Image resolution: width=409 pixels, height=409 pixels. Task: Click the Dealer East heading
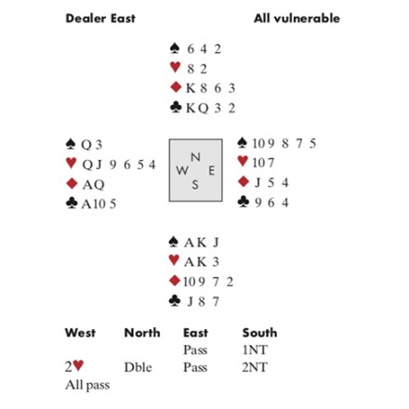[x=100, y=19]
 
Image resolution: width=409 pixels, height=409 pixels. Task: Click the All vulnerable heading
[x=297, y=19]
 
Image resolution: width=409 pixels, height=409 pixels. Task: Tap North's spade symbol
[x=175, y=48]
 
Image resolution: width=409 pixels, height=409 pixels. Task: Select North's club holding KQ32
[x=211, y=108]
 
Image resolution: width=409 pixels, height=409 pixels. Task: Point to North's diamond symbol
[x=176, y=87]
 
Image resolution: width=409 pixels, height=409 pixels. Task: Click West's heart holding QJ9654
[x=119, y=165]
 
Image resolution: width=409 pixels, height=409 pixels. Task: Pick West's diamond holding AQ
[x=94, y=185]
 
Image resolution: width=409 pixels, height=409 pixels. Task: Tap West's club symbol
[x=72, y=204]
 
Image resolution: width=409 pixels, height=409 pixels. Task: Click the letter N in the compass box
[x=195, y=157]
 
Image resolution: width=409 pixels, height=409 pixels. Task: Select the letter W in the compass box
[x=182, y=170]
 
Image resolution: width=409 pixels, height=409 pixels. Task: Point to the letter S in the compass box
[x=195, y=185]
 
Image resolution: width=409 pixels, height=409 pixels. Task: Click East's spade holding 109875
[x=284, y=143]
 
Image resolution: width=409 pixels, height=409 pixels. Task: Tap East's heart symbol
[x=243, y=161]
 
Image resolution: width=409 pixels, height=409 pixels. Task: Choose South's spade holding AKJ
[x=202, y=243]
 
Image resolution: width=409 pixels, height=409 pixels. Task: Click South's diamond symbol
[x=175, y=281]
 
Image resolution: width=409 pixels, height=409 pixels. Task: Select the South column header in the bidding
[x=259, y=333]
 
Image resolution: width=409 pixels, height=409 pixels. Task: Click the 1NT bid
[x=255, y=350]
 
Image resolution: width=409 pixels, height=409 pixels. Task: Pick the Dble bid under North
[x=138, y=367]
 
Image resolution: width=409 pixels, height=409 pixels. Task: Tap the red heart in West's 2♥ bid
[x=78, y=365]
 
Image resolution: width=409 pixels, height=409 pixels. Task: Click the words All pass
[x=87, y=385]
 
